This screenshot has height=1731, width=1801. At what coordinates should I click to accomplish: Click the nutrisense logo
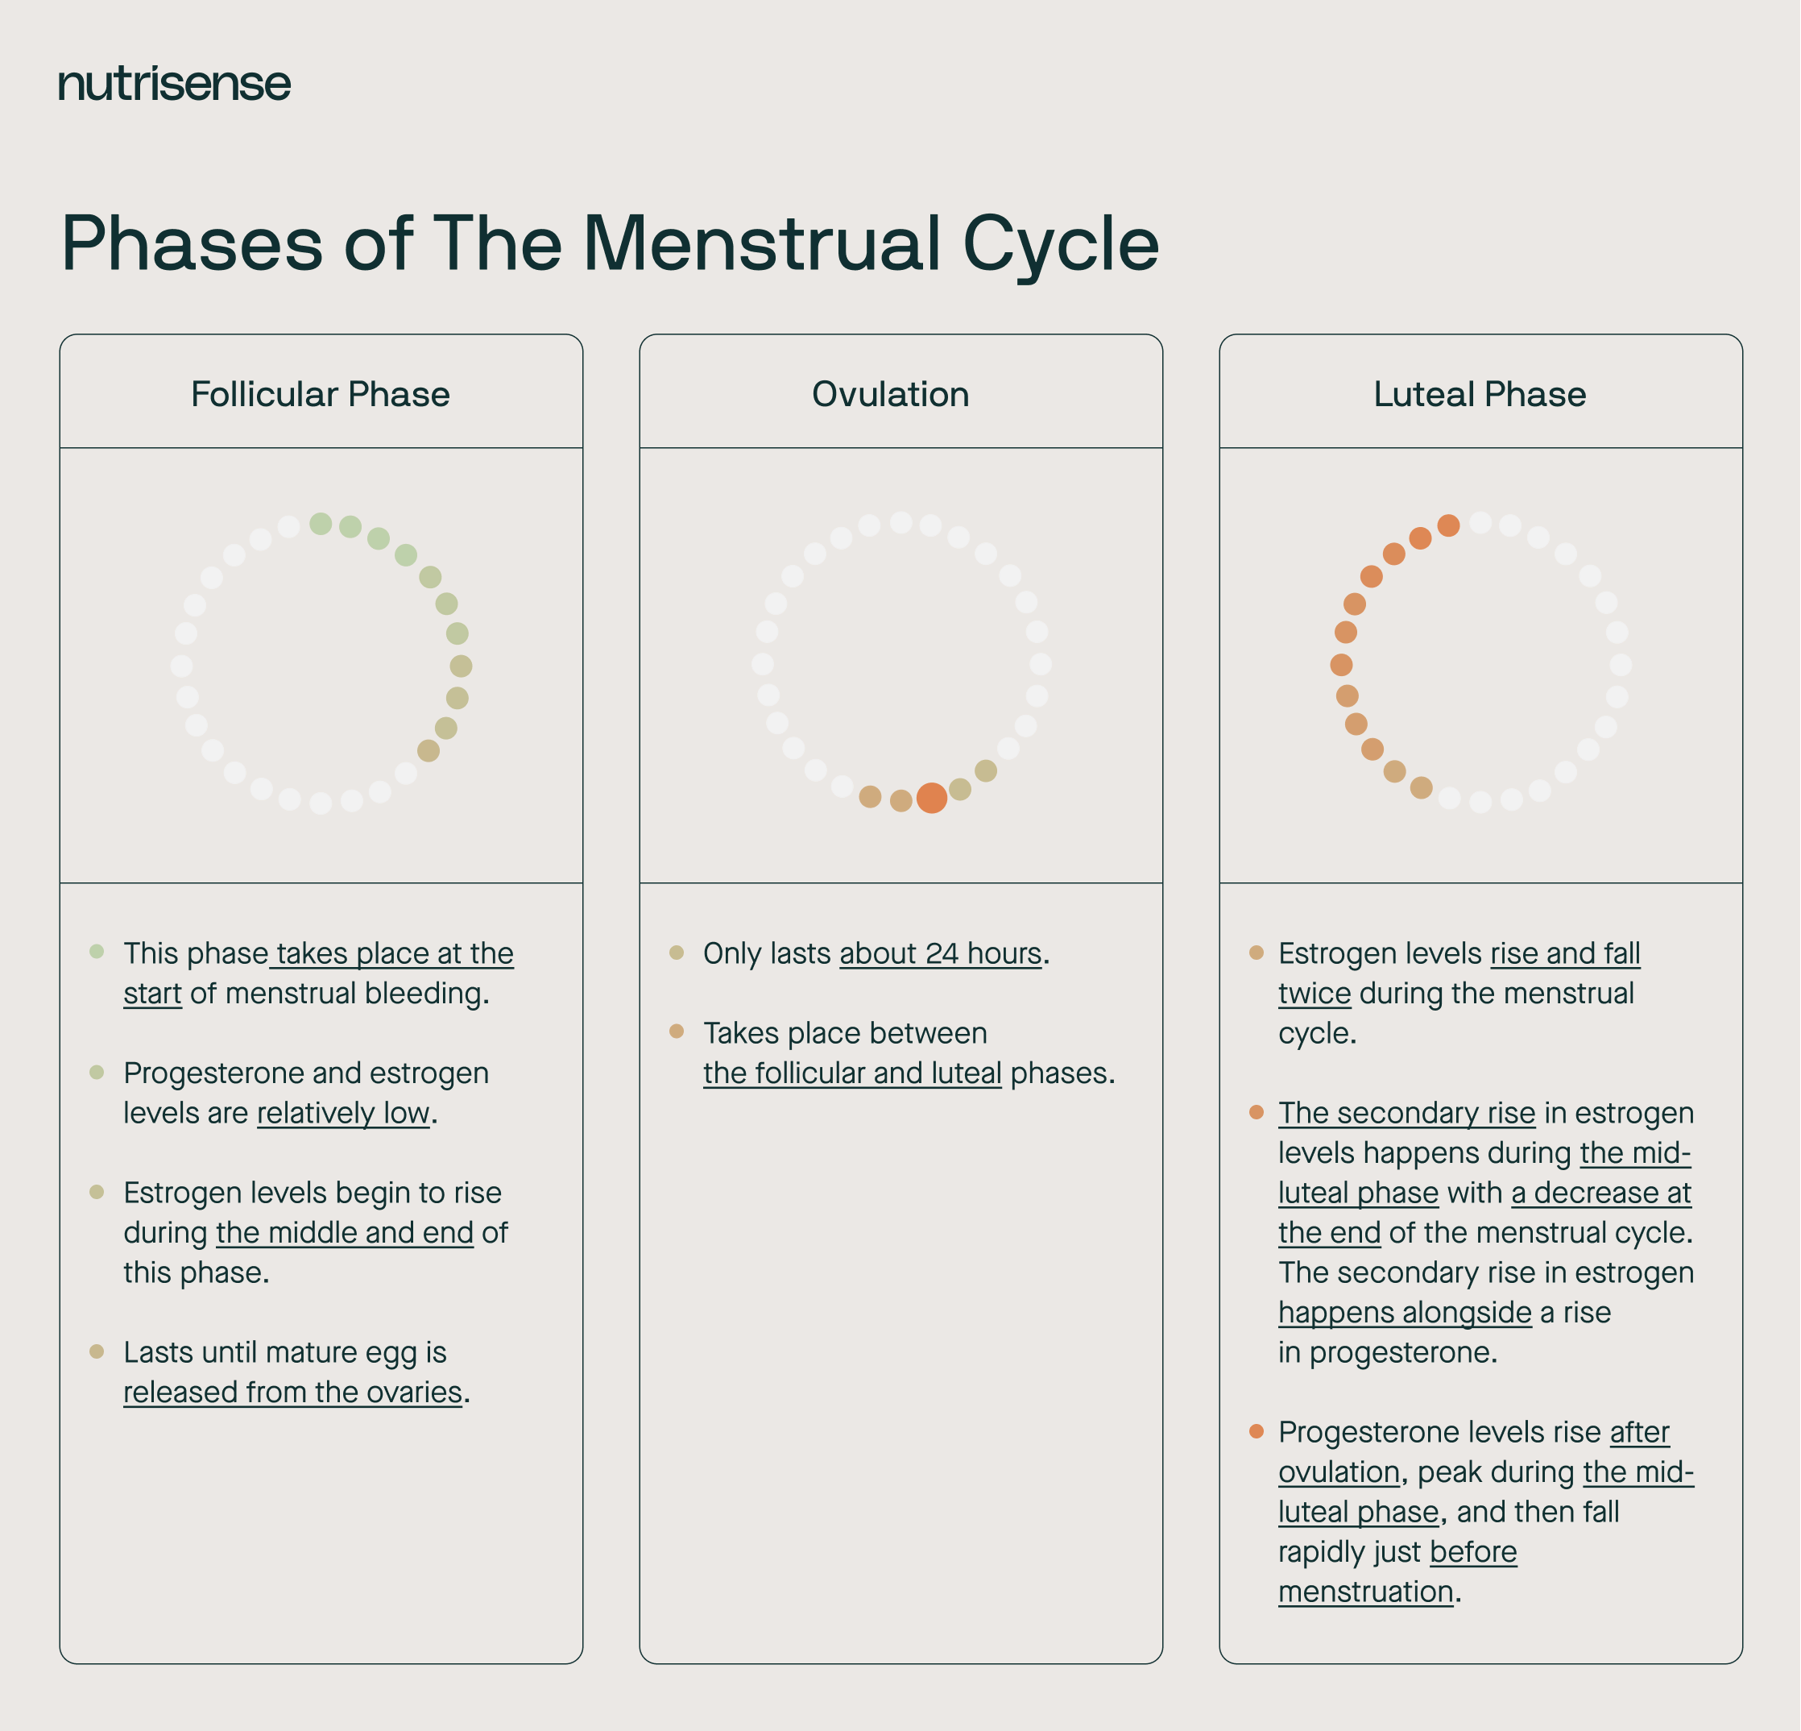175,85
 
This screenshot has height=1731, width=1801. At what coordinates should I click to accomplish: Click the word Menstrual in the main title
762,244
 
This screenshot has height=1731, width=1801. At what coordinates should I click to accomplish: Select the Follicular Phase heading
320,394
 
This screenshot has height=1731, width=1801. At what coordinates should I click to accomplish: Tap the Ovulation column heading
890,394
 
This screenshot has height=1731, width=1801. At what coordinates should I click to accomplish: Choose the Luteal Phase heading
1480,394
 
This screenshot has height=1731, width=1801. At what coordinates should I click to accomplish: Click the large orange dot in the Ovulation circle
932,798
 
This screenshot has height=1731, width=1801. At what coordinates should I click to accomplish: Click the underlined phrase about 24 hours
940,954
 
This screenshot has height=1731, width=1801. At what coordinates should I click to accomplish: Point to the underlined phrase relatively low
343,1113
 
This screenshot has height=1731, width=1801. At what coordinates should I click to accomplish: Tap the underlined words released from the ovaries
292,1393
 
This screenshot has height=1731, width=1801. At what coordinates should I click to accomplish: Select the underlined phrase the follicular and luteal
852,1073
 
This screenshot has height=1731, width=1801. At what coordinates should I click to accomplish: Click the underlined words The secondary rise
1406,1113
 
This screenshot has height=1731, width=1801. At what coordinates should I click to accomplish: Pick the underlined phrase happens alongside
1404,1313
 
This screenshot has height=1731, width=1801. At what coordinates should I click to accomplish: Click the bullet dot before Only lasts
677,953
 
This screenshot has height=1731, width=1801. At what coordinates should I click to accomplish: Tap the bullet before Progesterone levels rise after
1256,1431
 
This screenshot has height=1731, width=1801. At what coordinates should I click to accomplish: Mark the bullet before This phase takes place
97,952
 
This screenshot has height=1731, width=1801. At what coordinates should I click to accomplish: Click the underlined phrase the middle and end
345,1233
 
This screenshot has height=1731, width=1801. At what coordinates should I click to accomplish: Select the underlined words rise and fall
1565,954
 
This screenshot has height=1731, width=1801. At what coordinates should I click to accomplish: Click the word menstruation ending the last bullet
1365,1592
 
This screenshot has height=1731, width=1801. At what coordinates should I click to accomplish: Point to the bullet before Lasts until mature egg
97,1351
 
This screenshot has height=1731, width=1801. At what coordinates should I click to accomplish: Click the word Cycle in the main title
1061,244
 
